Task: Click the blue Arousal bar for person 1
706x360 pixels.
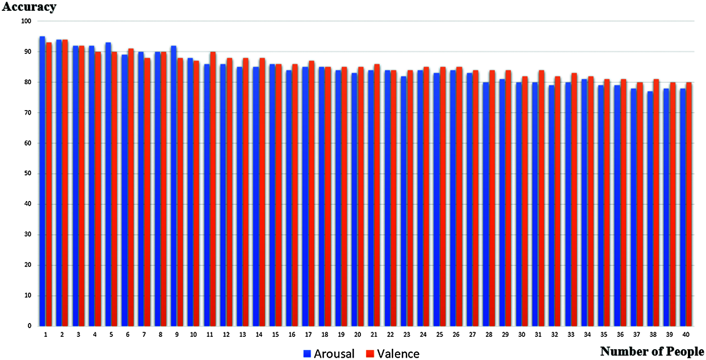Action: [x=42, y=181]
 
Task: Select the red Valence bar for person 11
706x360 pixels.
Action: [x=213, y=189]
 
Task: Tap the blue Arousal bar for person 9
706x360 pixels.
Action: [x=174, y=186]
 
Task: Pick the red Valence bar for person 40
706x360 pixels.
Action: [x=689, y=204]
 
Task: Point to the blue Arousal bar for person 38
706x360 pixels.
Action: [x=650, y=209]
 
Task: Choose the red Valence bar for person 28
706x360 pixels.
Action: [x=492, y=198]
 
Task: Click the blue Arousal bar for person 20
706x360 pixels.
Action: [x=354, y=200]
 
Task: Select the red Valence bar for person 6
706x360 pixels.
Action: [x=131, y=187]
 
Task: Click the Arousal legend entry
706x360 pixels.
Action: [x=329, y=353]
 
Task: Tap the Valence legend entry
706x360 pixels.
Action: [x=393, y=353]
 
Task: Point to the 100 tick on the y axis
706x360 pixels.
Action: [x=26, y=21]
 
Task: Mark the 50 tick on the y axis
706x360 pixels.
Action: [x=28, y=173]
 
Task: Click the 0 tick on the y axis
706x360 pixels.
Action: [x=30, y=326]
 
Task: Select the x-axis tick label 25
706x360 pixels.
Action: [x=440, y=335]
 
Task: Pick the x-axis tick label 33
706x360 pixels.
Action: [x=571, y=335]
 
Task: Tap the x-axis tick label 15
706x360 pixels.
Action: [x=276, y=335]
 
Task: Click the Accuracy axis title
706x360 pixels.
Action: [x=29, y=7]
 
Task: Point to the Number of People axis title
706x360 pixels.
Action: [x=652, y=351]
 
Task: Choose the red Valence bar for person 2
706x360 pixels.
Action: [x=65, y=183]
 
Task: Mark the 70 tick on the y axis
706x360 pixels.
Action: [x=28, y=113]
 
